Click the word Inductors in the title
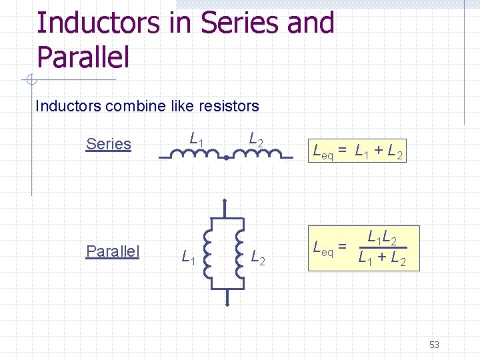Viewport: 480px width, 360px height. click(98, 23)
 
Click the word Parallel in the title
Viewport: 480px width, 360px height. click(83, 56)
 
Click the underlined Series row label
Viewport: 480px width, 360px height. click(109, 144)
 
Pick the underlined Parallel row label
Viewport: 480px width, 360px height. click(113, 251)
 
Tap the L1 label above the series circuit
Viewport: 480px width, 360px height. click(197, 139)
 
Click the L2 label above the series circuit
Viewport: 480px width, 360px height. click(256, 139)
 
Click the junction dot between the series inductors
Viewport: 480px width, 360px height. click(227, 158)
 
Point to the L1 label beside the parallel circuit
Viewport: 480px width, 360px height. click(189, 255)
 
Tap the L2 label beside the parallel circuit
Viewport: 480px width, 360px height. click(258, 255)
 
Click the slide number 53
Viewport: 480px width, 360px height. click(434, 345)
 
